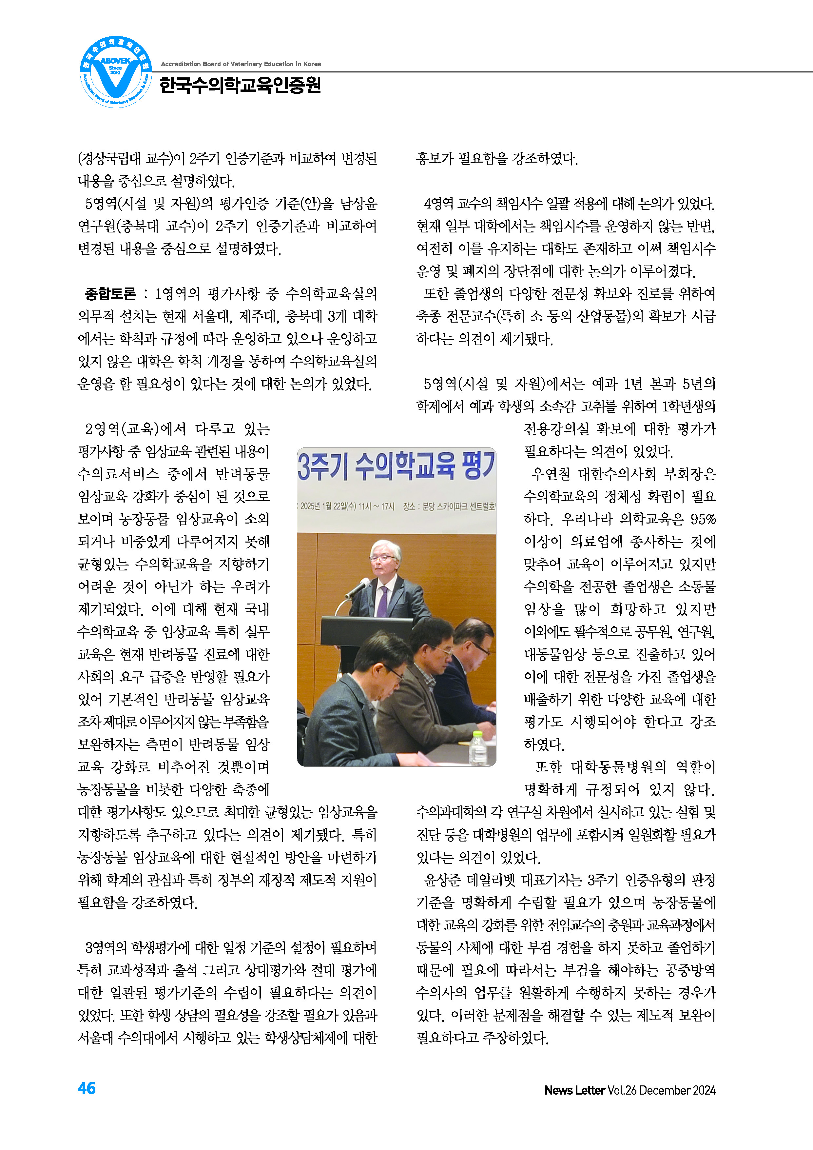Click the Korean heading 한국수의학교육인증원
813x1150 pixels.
click(x=240, y=86)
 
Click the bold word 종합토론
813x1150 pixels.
click(x=110, y=293)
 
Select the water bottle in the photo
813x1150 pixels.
click(x=478, y=749)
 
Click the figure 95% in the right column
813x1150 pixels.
click(x=702, y=519)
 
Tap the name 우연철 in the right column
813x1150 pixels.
click(x=551, y=474)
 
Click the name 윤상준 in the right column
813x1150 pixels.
click(x=443, y=880)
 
